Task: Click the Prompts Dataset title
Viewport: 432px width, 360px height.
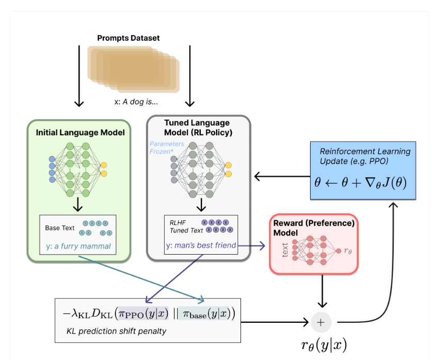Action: point(129,38)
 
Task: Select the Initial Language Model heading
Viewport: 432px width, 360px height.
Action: point(80,133)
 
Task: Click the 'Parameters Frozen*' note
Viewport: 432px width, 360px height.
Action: point(167,148)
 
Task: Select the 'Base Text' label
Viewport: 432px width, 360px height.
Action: point(59,228)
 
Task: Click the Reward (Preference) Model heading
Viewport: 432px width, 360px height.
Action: point(314,228)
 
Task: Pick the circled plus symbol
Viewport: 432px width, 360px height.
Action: point(321,322)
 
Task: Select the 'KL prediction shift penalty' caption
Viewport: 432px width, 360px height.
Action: point(116,331)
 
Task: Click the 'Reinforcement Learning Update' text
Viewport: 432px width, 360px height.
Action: point(364,156)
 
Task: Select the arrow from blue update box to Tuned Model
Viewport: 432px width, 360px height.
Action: point(282,177)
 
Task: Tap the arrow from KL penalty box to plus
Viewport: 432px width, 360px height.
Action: point(275,322)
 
